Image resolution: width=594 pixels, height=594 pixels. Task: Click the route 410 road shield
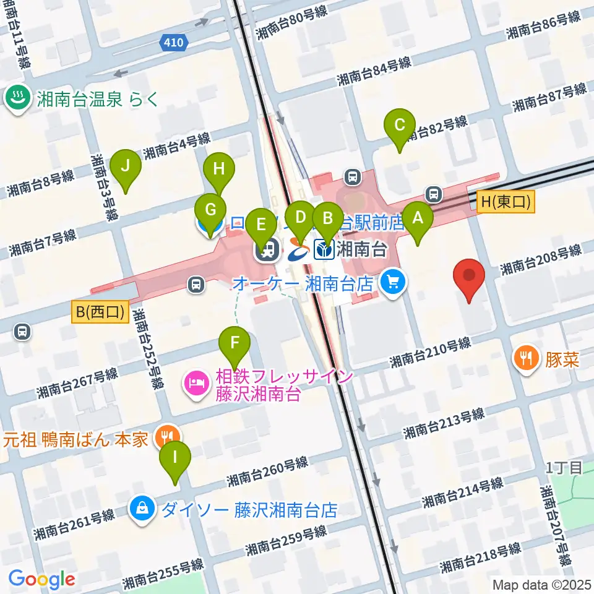[174, 43]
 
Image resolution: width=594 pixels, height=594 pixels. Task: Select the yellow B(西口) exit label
[100, 313]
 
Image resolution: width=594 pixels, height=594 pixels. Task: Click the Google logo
[42, 579]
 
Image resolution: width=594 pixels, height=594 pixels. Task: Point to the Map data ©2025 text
[541, 584]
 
